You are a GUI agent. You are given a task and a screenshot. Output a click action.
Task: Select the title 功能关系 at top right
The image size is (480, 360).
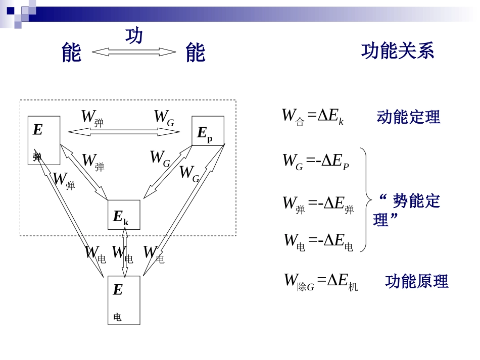coord(398,51)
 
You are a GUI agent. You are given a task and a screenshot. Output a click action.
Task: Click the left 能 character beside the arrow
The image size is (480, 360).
coord(71,53)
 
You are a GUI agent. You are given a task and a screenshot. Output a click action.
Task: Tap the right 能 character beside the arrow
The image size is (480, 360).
coord(195,53)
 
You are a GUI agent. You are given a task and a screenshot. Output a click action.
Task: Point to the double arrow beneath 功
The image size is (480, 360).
coord(134,52)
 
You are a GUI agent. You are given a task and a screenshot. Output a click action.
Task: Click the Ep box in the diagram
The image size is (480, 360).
coord(208,131)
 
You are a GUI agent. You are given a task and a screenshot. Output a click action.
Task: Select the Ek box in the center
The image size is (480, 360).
coord(124,215)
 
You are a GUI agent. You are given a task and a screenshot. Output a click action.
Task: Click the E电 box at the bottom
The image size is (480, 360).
coord(124,300)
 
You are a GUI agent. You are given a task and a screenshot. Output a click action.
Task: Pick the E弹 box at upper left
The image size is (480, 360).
coord(43,140)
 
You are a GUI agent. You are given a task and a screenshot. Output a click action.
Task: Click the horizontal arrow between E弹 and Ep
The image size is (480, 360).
coord(124,132)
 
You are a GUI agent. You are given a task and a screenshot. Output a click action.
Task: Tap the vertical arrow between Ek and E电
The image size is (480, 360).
coord(124,252)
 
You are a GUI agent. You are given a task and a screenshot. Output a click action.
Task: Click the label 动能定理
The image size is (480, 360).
coord(408,117)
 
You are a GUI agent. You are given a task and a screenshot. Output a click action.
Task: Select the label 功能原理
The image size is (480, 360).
coord(416,281)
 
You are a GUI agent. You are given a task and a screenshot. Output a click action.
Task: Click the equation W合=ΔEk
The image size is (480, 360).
coord(313,117)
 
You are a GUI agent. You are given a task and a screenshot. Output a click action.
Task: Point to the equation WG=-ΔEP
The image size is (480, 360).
coord(315,162)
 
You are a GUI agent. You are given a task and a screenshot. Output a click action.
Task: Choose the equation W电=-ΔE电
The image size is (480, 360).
coord(318,241)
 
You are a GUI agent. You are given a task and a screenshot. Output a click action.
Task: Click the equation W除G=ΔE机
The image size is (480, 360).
coord(321,281)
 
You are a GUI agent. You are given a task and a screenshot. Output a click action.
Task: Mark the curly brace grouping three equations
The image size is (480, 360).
coord(365,200)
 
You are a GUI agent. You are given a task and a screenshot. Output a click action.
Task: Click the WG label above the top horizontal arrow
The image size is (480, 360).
coord(164,118)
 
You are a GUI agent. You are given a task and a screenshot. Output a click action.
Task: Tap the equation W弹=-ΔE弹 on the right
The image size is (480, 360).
coord(318,204)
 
